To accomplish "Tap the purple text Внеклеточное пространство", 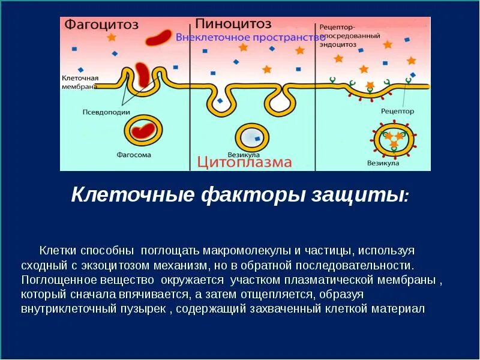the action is pos(251,38).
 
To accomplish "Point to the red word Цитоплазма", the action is pos(245,161).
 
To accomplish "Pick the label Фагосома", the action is pos(134,155).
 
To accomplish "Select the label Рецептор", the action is pos(397,112).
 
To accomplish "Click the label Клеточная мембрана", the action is pos(80,82).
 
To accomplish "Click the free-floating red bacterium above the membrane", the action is pos(161,38).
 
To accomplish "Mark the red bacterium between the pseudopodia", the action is pos(142,74).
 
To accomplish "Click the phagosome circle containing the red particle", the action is pos(142,131).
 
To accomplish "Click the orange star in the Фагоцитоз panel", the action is pos(111,37).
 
